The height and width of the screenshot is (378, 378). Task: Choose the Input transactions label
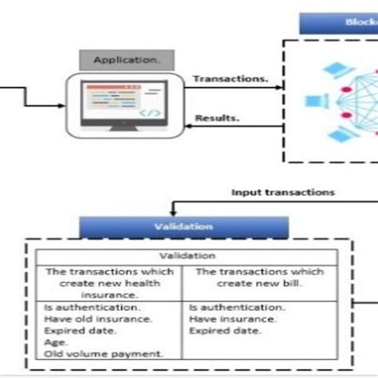283,192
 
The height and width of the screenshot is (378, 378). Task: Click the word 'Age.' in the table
53,341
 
